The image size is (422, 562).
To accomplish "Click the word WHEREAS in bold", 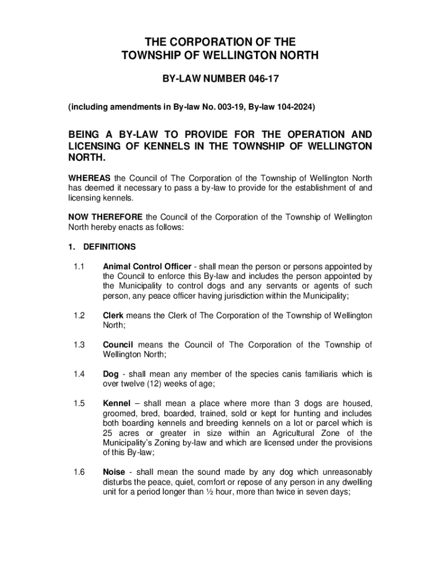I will [89, 178].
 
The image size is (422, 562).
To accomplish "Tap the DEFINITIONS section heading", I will [110, 247].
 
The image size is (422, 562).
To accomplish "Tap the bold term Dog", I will [111, 374].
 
